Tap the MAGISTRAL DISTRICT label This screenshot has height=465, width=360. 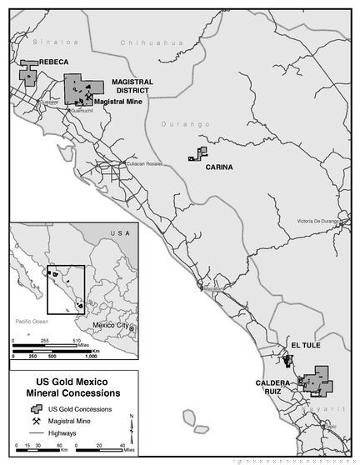(x=131, y=86)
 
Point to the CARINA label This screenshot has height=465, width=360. (x=219, y=167)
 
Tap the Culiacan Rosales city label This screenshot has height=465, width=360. (x=143, y=164)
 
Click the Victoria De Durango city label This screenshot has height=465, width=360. (x=319, y=221)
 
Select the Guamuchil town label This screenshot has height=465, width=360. (x=82, y=109)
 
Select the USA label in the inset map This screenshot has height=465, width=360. (x=121, y=234)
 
